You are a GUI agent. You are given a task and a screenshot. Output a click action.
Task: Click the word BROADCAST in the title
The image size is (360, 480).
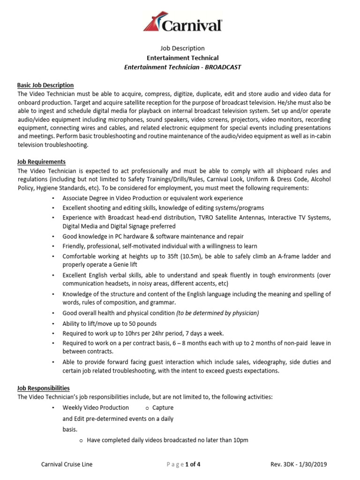coord(224,67)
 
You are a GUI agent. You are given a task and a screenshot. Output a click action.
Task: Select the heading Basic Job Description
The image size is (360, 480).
coord(45,85)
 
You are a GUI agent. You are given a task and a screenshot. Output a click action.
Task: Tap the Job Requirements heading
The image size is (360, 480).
coord(41,162)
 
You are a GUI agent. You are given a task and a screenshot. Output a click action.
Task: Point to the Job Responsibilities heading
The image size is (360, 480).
coord(44,388)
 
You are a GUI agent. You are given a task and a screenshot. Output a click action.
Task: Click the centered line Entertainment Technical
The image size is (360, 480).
coord(183,58)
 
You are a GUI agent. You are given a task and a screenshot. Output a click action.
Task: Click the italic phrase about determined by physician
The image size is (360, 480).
coord(217,313)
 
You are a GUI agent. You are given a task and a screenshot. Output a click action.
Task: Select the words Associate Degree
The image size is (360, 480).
coord(85,198)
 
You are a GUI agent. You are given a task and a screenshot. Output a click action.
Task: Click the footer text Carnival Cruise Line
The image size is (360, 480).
coord(67,465)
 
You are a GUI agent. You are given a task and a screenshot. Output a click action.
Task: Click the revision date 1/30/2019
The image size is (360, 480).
coord(311,465)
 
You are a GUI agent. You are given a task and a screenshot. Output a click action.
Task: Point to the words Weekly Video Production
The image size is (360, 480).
coord(96,408)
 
